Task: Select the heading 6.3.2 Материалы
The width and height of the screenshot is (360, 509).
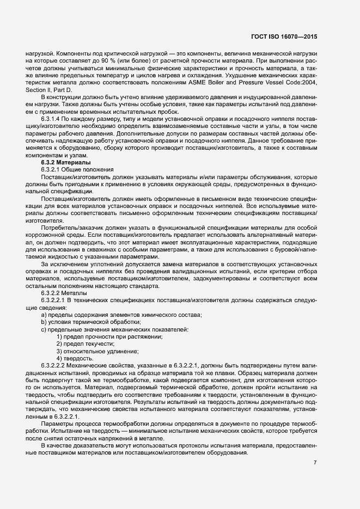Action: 66,163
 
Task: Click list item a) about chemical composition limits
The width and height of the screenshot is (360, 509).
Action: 121,315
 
